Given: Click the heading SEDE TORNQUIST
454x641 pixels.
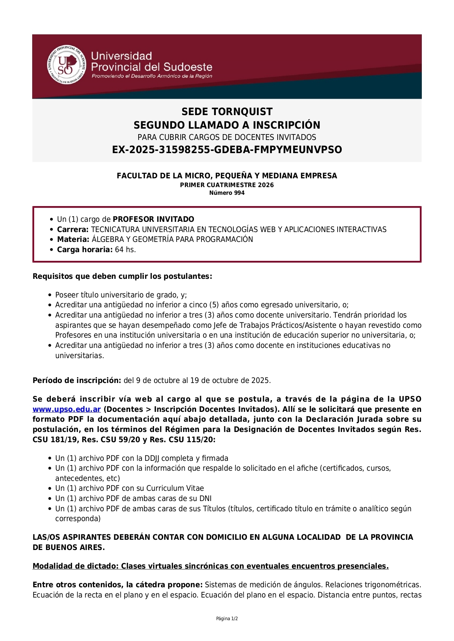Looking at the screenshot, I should (x=227, y=112).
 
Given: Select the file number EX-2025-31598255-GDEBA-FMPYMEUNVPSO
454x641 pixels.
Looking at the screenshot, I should (x=227, y=150).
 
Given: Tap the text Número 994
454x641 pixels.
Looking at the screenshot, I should (x=227, y=193).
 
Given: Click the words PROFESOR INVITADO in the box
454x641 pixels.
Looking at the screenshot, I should (x=153, y=219).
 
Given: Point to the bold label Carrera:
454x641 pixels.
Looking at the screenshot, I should (x=73, y=230).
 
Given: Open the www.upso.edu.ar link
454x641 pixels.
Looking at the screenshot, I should (x=67, y=409).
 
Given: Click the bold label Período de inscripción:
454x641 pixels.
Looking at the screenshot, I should (x=77, y=380).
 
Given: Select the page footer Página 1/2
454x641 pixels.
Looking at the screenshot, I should (x=227, y=619).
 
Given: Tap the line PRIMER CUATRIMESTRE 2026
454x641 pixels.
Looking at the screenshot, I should (x=227, y=185).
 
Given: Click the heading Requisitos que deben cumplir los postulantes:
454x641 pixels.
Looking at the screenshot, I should (x=122, y=276).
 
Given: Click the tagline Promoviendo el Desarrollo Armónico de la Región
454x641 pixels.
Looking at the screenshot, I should (x=152, y=76).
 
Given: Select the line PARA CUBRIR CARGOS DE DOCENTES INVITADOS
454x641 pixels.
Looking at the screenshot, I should (x=227, y=137).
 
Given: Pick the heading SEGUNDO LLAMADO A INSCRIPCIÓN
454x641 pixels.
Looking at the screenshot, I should (x=227, y=125).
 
